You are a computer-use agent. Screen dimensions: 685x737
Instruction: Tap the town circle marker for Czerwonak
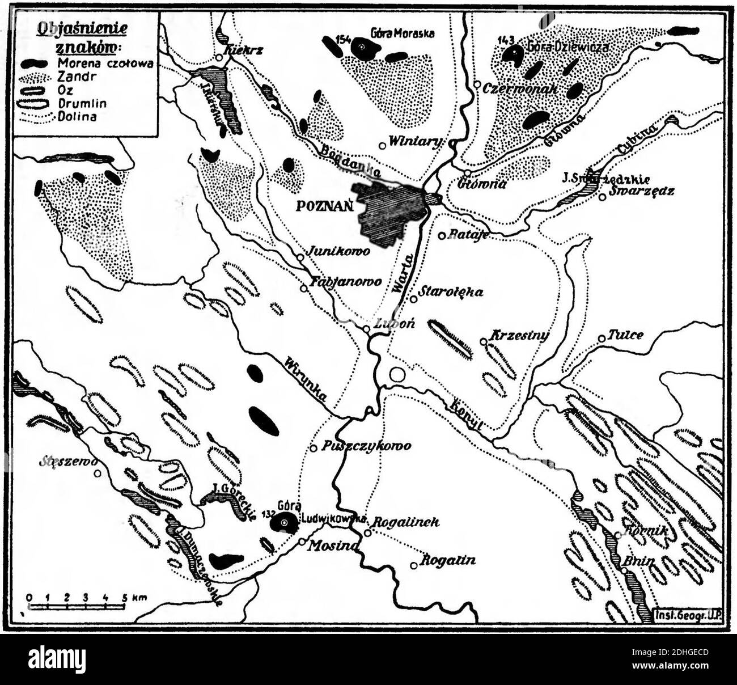point(478,86)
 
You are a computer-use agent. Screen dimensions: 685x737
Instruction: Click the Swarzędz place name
point(642,191)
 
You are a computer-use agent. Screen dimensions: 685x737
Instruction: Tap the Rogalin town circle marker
point(414,564)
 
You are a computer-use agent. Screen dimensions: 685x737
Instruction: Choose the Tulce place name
point(625,335)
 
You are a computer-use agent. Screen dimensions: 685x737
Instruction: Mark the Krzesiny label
point(520,336)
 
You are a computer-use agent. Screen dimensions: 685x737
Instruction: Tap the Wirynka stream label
point(306,379)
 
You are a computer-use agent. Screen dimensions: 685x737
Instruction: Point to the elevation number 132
point(269,513)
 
